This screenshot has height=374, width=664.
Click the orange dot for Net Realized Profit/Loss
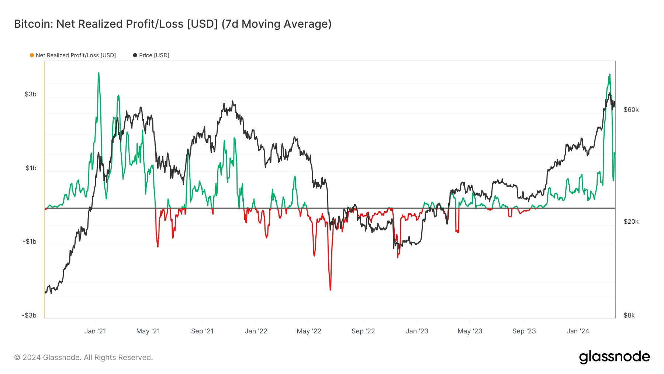(32, 55)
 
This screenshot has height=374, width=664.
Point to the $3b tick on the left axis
(31, 94)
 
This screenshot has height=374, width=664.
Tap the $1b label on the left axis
(31, 168)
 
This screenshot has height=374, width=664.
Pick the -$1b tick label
(30, 241)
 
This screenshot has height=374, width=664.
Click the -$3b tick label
(29, 315)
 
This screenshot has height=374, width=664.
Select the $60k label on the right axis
(631, 110)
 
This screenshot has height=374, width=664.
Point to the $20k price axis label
(631, 222)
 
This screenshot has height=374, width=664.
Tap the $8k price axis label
(629, 315)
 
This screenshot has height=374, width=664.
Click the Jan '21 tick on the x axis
(95, 331)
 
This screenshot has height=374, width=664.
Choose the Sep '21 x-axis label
(202, 331)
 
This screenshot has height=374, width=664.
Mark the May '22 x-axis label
(309, 331)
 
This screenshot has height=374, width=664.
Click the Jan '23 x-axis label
(417, 331)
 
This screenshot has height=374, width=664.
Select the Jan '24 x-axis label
(578, 331)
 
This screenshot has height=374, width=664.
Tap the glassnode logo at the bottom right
(614, 357)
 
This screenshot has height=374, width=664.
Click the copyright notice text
(83, 357)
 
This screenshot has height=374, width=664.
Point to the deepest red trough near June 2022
(330, 289)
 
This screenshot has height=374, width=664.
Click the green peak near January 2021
(98, 73)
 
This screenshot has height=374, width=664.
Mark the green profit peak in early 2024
(609, 75)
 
